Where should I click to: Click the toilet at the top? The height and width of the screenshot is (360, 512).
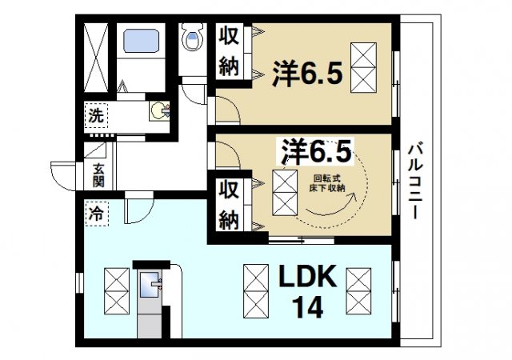[191, 38]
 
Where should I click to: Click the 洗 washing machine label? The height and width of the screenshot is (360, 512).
[95, 115]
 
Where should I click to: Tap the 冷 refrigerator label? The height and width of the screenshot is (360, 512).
[95, 214]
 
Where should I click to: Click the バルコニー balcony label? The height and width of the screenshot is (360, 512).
[415, 181]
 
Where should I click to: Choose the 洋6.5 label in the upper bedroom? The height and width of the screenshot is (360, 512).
[310, 74]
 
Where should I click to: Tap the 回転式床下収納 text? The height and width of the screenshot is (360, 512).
[329, 184]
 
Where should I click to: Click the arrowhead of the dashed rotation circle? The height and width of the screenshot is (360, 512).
[346, 204]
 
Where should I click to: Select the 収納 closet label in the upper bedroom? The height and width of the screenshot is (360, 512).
[230, 50]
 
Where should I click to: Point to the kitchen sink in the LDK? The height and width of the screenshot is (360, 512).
[150, 284]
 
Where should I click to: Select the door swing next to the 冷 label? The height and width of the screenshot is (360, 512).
[135, 210]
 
